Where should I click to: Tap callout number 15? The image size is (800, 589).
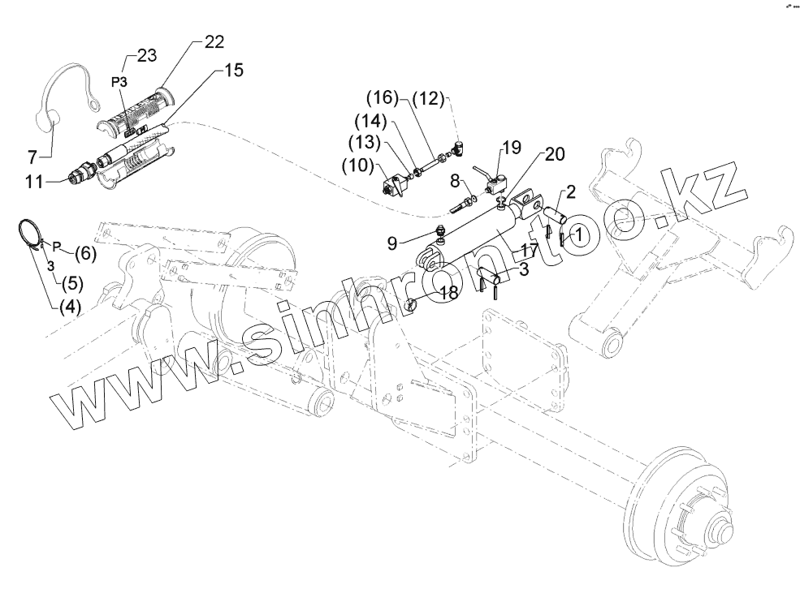point(232,71)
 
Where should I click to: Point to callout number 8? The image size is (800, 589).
point(456,180)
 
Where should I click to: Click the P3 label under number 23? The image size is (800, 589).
point(119,82)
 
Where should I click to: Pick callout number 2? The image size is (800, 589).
point(571,191)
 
